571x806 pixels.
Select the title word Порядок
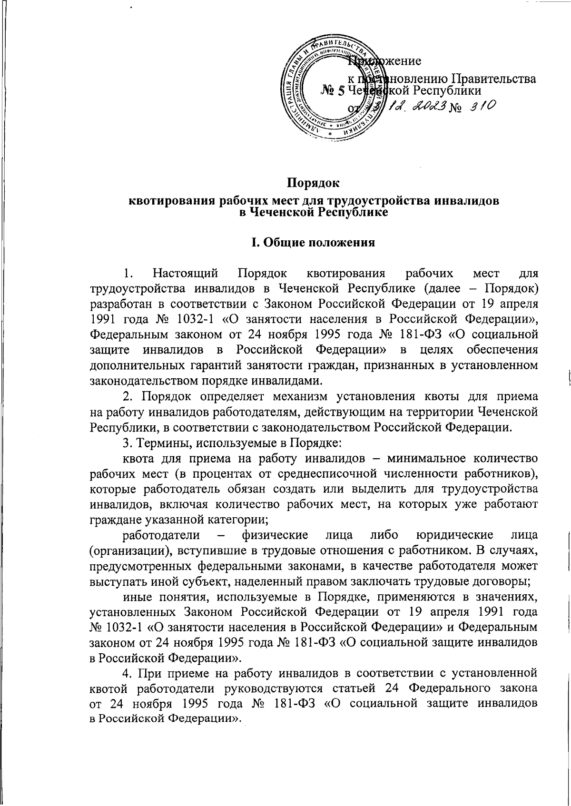(314, 182)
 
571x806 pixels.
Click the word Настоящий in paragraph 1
(185, 274)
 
